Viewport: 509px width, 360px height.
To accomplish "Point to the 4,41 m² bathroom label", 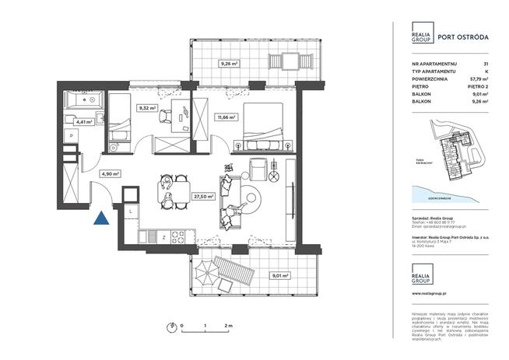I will pos(83,121).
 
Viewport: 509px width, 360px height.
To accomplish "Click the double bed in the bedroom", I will pos(267,124).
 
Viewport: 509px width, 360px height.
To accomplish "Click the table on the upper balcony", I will pos(288,61).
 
